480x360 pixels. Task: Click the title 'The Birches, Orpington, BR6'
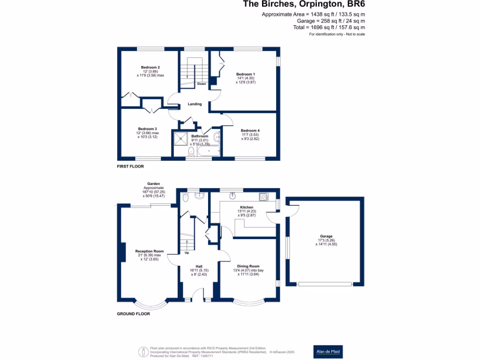tap(304, 5)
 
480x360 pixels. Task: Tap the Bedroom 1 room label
tap(246, 74)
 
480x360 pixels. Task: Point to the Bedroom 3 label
tap(147, 129)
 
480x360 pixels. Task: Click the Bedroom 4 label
tap(250, 131)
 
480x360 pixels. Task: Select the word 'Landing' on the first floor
tap(195, 104)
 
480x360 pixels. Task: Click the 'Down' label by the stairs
tap(202, 84)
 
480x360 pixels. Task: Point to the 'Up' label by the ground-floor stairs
tap(187, 253)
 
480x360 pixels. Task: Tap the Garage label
tap(326, 236)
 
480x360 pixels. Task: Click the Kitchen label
tap(247, 207)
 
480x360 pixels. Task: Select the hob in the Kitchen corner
tap(263, 197)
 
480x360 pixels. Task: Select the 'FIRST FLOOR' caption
tap(130, 166)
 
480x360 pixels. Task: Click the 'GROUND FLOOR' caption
tap(133, 314)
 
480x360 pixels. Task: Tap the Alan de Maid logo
tap(328, 352)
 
